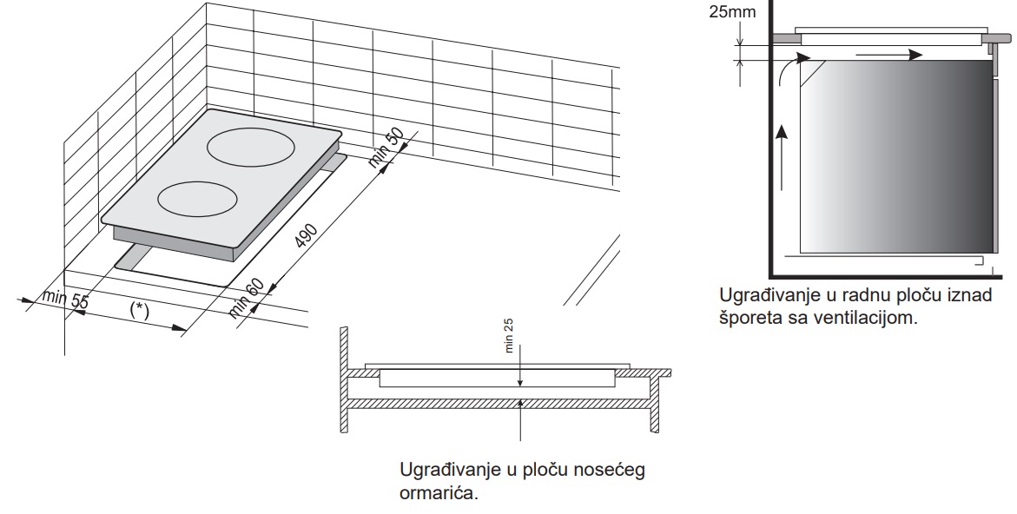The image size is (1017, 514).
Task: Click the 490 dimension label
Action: click(306, 236)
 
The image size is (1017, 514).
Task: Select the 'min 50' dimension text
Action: click(386, 148)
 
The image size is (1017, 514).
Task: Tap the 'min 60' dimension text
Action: click(247, 298)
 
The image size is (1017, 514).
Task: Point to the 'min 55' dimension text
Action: click(65, 300)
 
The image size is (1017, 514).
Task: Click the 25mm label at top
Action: click(732, 11)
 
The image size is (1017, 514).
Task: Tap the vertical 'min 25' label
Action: click(509, 334)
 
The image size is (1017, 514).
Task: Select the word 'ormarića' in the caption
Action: click(439, 492)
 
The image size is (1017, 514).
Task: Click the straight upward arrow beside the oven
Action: click(783, 157)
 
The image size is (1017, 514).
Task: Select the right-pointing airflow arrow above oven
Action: click(888, 55)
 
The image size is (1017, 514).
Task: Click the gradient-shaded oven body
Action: click(896, 156)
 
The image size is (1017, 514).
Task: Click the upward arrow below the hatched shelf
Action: click(521, 420)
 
